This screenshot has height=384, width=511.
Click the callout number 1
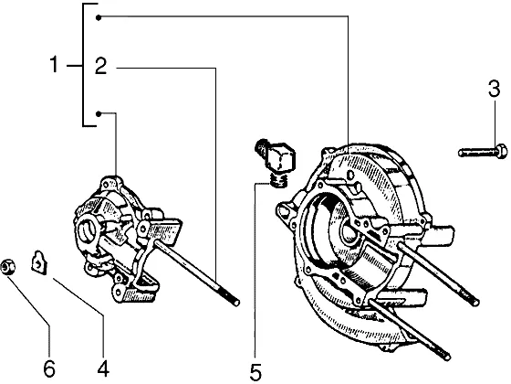click(54, 64)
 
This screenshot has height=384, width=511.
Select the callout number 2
click(100, 66)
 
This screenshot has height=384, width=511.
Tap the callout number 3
click(494, 89)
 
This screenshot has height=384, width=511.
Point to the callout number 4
click(103, 368)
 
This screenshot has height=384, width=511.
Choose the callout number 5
click(255, 371)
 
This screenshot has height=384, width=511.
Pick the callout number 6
click(49, 368)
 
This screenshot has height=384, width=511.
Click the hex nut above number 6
click(7, 267)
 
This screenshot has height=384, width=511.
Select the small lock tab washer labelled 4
click(38, 261)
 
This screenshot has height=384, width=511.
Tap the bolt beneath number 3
click(483, 152)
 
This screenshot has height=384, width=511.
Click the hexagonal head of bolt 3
click(501, 152)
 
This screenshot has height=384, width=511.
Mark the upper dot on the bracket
click(99, 17)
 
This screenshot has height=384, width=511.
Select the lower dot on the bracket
click(99, 113)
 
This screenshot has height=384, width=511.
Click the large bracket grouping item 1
click(83, 64)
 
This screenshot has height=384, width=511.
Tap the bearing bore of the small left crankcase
click(88, 229)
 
